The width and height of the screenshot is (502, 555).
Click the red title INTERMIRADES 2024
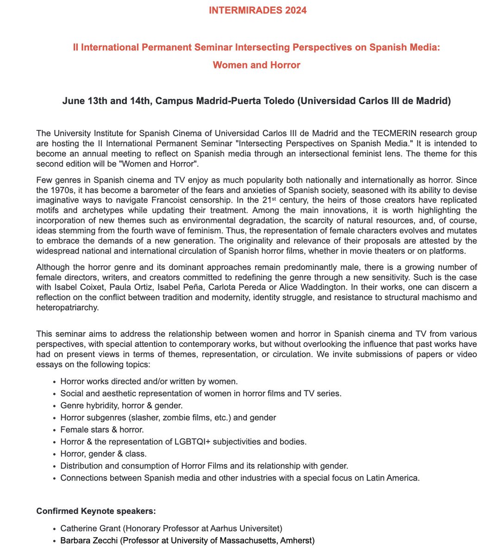click(257, 10)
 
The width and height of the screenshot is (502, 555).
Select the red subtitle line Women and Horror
click(257, 65)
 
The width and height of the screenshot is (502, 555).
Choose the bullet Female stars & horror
click(102, 430)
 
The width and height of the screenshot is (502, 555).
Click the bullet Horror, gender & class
click(103, 454)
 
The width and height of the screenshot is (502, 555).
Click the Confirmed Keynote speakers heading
click(96, 511)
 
